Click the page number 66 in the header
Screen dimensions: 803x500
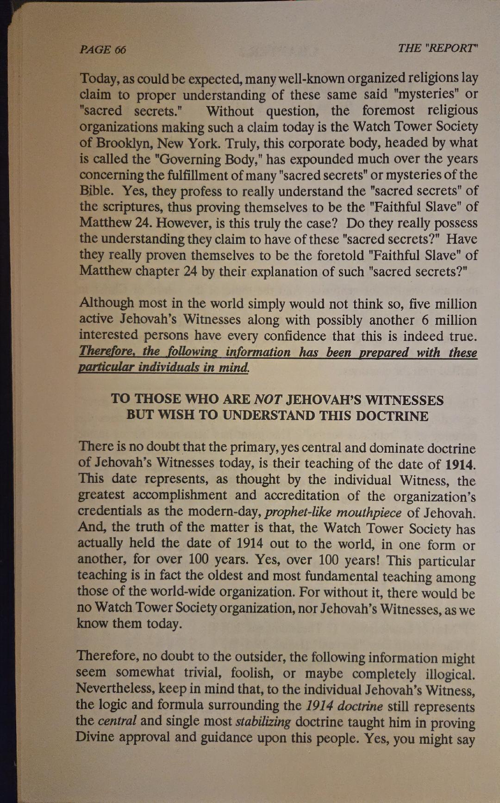pyautogui.click(x=119, y=50)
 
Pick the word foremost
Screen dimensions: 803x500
pyautogui.click(x=388, y=110)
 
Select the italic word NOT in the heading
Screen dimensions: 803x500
pyautogui.click(x=268, y=400)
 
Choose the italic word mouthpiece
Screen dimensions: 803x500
pyautogui.click(x=369, y=512)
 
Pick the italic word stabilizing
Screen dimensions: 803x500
pyautogui.click(x=263, y=721)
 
